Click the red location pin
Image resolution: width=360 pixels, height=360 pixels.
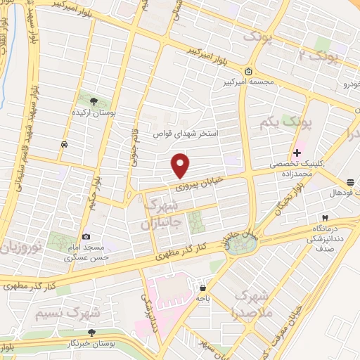pyautogui.click(x=181, y=165)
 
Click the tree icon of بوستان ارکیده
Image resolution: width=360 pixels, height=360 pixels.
pyautogui.click(x=89, y=98)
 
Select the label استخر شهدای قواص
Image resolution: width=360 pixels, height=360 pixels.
pyautogui.click(x=186, y=133)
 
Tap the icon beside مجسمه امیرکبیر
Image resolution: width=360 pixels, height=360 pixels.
pyautogui.click(x=249, y=71)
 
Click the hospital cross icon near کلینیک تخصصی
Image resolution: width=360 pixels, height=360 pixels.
pyautogui.click(x=297, y=152)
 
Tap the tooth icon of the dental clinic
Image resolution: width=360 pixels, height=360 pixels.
pyautogui.click(x=324, y=219)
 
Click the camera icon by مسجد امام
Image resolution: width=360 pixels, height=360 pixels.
pyautogui.click(x=86, y=237)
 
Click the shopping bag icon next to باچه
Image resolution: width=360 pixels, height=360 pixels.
pyautogui.click(x=202, y=288)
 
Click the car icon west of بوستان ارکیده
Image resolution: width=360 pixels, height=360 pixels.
pyautogui.click(x=64, y=143)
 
